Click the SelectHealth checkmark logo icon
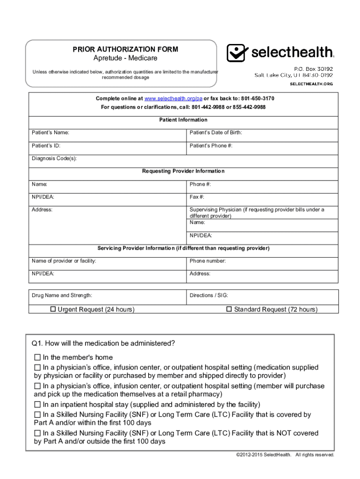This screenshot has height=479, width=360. tap(236, 53)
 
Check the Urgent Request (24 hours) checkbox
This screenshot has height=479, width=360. tap(53, 309)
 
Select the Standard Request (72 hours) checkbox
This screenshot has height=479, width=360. tap(229, 309)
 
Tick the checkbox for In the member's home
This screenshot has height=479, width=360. tap(37, 357)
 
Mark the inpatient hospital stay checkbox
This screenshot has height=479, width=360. tap(37, 404)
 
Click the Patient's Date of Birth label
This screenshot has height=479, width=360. tap(216, 133)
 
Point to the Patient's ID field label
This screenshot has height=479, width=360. tap(46, 146)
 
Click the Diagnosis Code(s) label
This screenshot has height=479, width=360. tap(54, 159)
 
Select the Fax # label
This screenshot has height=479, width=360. tap(197, 197)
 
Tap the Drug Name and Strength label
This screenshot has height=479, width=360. tap(62, 296)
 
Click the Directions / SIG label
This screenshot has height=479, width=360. tap(209, 296)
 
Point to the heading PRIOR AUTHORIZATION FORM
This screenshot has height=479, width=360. tap(125, 49)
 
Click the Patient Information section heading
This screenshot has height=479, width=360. tap(183, 120)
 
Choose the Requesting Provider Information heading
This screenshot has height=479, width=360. tap(183, 171)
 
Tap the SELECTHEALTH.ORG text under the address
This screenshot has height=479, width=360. tap(311, 84)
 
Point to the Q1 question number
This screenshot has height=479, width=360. tap(37, 343)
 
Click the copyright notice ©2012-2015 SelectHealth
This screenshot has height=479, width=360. tap(264, 455)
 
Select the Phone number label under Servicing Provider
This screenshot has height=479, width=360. tap(208, 261)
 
